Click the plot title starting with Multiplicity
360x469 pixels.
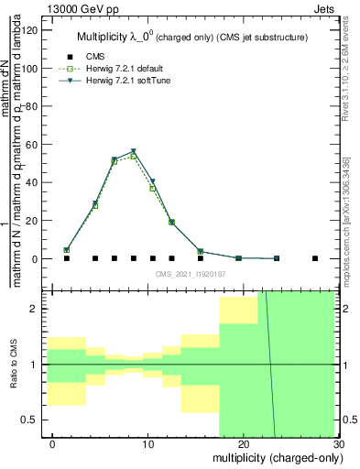(190, 37)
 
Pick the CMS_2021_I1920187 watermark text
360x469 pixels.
(190, 273)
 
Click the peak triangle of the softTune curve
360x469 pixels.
(134, 151)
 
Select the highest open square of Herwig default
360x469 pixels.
(134, 156)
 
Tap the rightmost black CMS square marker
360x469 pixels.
(315, 258)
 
